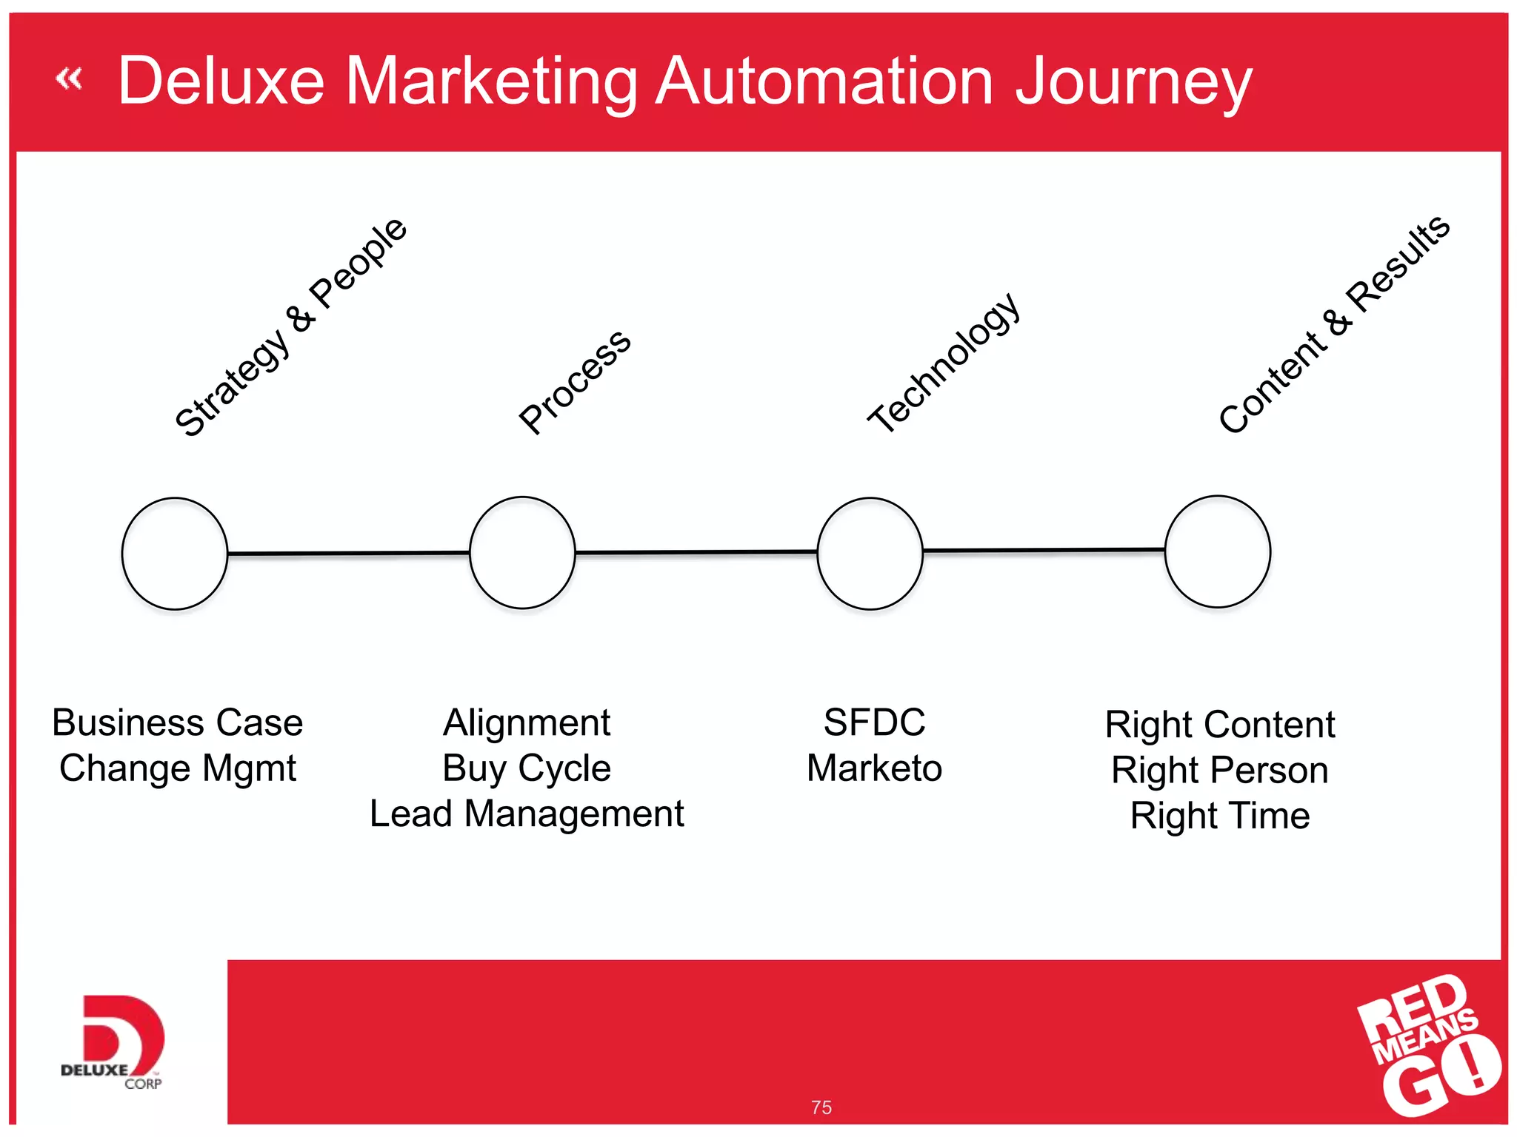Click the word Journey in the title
point(1133,83)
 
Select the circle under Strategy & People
point(175,554)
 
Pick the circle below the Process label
point(522,553)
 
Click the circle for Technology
point(870,554)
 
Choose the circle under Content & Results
point(1217,551)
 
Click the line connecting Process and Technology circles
point(696,552)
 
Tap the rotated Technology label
point(944,362)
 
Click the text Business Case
point(178,722)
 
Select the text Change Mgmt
point(178,768)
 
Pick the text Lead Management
point(527,814)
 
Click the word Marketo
point(874,768)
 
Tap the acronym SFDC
point(874,722)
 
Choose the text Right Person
point(1219,771)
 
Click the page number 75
point(821,1107)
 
